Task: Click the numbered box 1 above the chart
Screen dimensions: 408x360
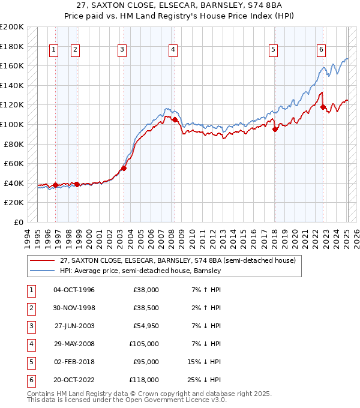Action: (54, 50)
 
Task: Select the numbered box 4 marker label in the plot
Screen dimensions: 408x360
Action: (173, 50)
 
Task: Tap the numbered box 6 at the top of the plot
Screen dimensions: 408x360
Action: (322, 50)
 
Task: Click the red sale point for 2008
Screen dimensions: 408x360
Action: (175, 119)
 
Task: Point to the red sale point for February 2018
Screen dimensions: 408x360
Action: (275, 129)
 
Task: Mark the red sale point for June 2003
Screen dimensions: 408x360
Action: (124, 169)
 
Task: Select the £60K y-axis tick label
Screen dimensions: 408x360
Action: (14, 163)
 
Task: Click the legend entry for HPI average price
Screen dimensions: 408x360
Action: (140, 271)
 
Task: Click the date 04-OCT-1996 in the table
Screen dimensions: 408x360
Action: (74, 290)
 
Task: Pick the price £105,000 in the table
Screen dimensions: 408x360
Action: (143, 344)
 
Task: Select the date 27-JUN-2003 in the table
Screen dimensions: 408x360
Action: (74, 326)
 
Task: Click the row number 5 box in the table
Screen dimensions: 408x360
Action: (31, 362)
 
